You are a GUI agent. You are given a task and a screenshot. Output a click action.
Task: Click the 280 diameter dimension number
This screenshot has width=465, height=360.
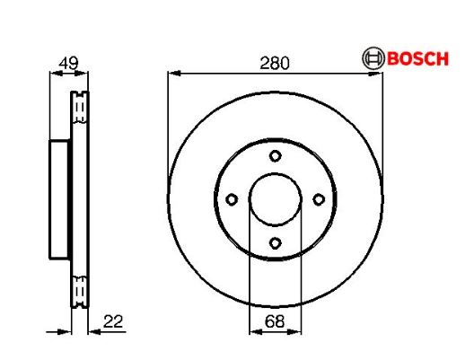point(275,63)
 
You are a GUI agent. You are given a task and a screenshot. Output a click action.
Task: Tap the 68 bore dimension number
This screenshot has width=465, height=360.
point(275,321)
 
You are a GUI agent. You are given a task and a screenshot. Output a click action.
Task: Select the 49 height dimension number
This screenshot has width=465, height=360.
point(68,63)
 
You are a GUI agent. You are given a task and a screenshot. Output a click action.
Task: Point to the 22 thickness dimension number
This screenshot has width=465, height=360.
point(113,321)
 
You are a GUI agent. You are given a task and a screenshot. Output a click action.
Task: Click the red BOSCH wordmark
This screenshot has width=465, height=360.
point(417,58)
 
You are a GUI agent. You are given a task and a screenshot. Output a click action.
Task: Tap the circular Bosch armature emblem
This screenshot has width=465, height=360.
point(373,58)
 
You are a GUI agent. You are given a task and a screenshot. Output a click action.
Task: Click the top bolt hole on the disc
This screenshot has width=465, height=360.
point(275,156)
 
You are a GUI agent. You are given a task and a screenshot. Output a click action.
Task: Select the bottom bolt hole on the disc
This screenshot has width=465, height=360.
point(275,242)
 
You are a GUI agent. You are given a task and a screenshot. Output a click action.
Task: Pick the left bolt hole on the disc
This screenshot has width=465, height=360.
point(232,199)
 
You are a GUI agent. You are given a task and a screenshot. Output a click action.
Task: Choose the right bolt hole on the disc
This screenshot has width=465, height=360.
point(319,199)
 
